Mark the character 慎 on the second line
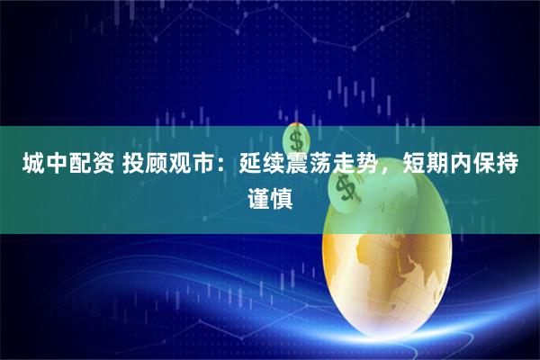(x=283, y=197)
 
